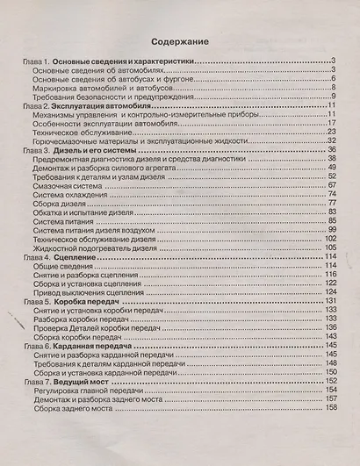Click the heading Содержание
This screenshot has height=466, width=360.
[179, 40]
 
